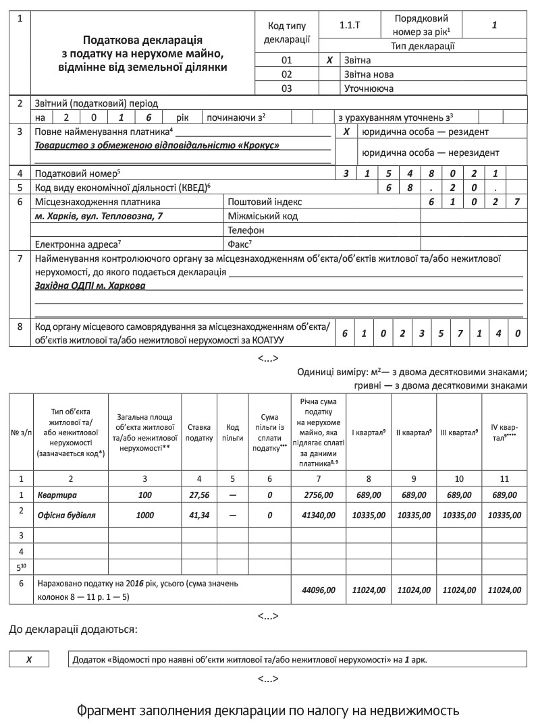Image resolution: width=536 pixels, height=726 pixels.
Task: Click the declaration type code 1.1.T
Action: click(x=350, y=26)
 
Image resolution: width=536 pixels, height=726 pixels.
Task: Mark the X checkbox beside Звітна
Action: click(x=329, y=60)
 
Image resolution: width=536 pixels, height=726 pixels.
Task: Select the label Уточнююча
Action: click(x=369, y=88)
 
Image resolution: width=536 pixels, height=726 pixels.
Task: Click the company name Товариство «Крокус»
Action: click(x=157, y=145)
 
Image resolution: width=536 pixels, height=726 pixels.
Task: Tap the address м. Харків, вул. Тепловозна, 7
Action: click(x=99, y=216)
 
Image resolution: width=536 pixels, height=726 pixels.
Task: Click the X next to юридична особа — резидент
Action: click(x=346, y=132)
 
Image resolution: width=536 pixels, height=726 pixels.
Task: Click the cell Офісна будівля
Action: click(x=67, y=515)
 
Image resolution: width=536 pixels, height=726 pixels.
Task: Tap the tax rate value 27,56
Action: click(x=198, y=495)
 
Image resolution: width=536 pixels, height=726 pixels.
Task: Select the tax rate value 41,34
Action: click(x=198, y=515)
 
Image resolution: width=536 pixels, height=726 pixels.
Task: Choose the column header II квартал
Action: click(x=413, y=432)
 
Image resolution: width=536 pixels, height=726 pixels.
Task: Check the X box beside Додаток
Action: click(x=29, y=659)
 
